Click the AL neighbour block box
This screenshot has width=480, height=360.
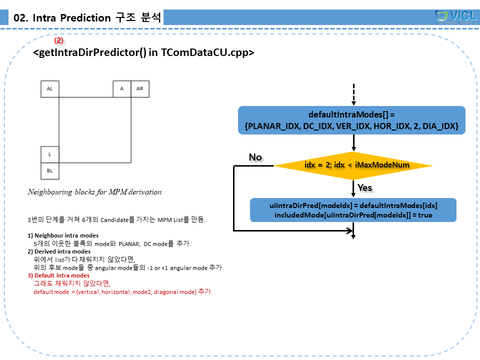coord(50,88)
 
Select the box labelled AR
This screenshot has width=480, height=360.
coord(140,88)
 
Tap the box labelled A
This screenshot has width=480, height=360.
coord(121,88)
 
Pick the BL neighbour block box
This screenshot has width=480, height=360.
coord(50,171)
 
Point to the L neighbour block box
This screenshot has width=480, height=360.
coord(50,154)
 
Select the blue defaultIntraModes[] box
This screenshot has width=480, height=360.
coord(351,120)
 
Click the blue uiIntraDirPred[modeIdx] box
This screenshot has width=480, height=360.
coord(353,210)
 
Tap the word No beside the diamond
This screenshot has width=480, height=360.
coord(255,157)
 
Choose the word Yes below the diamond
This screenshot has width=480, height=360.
coord(364,188)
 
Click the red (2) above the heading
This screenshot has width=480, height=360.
coord(59,40)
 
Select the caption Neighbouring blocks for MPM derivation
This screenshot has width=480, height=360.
coord(94,192)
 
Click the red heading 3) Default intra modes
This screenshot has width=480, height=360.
coord(58,275)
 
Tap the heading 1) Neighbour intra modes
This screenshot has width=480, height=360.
coord(63,235)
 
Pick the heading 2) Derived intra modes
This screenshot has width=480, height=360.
coord(59,251)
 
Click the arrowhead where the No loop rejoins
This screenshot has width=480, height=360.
coord(349,230)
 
